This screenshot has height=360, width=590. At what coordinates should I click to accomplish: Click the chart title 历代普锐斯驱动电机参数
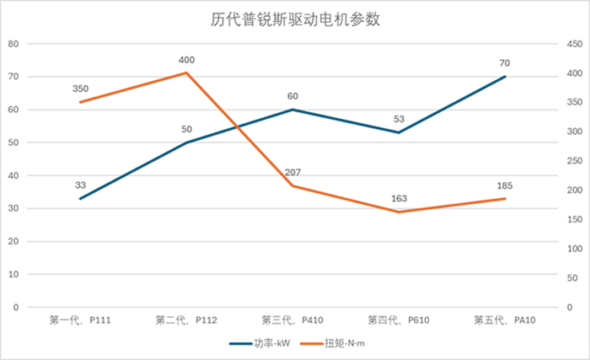(295, 19)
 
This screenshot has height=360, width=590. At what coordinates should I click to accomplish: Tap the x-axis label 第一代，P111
(80, 320)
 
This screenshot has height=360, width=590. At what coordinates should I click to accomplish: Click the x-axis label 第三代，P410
(292, 320)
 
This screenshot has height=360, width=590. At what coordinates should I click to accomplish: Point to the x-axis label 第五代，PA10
(505, 320)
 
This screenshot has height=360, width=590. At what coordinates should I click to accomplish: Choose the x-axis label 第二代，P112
(186, 320)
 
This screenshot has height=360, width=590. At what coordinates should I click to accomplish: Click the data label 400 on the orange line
(186, 60)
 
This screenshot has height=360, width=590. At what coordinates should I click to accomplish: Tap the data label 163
(399, 199)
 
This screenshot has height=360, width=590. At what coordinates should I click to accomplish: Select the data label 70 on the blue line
(505, 63)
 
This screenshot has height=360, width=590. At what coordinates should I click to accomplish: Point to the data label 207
(292, 173)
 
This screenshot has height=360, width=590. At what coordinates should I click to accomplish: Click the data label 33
(80, 185)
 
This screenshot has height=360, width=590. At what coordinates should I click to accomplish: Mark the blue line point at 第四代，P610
(399, 132)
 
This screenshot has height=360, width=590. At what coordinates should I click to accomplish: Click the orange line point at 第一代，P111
(80, 102)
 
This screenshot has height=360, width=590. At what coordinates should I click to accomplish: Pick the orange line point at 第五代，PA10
(505, 199)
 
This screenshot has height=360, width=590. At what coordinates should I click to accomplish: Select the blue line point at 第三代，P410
(292, 110)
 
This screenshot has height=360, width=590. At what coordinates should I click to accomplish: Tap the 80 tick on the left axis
(13, 44)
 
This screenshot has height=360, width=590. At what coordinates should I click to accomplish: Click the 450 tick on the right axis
(576, 44)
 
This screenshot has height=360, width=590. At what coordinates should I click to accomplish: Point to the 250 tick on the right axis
(576, 161)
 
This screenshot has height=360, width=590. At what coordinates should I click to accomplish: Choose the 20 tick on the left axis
(13, 241)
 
